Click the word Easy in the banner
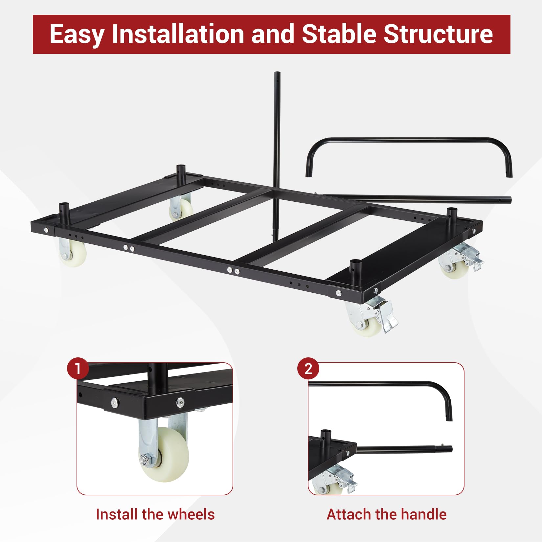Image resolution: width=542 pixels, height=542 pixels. tap(77, 34)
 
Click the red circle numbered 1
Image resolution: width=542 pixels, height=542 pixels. tap(78, 369)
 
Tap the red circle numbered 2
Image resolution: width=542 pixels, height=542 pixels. tap(308, 369)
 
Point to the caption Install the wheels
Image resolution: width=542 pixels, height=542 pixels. tap(155, 514)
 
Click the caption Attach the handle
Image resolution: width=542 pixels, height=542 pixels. tap(387, 514)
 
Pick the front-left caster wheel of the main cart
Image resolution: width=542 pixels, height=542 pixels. tap(73, 252)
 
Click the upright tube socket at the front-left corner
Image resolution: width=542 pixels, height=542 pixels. tap(63, 211)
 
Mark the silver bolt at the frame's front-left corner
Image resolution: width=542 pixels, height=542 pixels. tap(46, 230)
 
